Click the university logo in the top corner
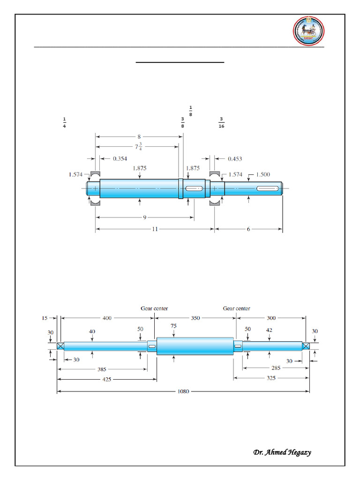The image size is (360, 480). pos(308,31)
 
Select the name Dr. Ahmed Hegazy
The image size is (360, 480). pos(282,452)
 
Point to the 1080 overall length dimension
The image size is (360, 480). pos(183,391)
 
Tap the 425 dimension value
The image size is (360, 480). pos(107,379)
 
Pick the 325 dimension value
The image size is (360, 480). pos(271,377)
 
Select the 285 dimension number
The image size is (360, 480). pos(276,368)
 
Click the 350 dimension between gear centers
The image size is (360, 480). pos(195,318)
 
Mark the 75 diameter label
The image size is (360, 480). pos(173,325)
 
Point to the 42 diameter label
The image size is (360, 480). pos(270,330)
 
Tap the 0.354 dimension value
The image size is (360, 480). pos(120,158)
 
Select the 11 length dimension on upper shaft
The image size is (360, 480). pos(155,229)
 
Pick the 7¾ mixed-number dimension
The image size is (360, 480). pos(138,147)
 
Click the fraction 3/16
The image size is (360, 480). pos(221,122)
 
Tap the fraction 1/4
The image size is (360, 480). pos(64,122)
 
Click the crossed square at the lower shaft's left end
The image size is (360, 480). pos(60,346)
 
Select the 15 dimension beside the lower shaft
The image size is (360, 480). pos(45,318)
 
